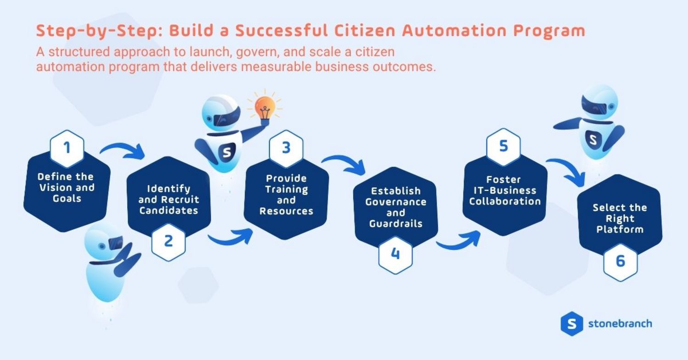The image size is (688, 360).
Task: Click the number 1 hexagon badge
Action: click(67, 149)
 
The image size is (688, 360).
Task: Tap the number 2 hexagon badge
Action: click(168, 241)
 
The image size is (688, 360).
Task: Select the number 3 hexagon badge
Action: click(286, 149)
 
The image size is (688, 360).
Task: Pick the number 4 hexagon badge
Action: click(395, 254)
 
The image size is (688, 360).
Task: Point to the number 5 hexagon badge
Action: click(504, 147)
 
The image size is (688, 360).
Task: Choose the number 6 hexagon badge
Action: click(620, 261)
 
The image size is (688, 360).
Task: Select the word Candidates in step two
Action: click(169, 210)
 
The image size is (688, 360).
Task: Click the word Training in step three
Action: click(286, 189)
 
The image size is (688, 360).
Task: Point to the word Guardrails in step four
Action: click(395, 224)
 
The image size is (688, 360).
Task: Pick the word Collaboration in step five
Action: click(505, 201)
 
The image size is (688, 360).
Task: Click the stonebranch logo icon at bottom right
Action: click(571, 324)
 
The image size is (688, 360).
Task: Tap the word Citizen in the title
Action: click(364, 31)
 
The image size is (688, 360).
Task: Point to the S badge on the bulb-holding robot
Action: click(227, 152)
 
